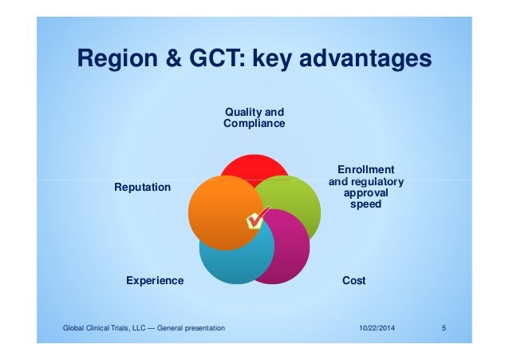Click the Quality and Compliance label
(254, 118)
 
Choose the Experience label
(155, 281)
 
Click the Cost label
(353, 281)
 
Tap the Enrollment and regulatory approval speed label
(366, 187)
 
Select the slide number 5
(444, 328)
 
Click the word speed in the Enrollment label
(366, 204)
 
